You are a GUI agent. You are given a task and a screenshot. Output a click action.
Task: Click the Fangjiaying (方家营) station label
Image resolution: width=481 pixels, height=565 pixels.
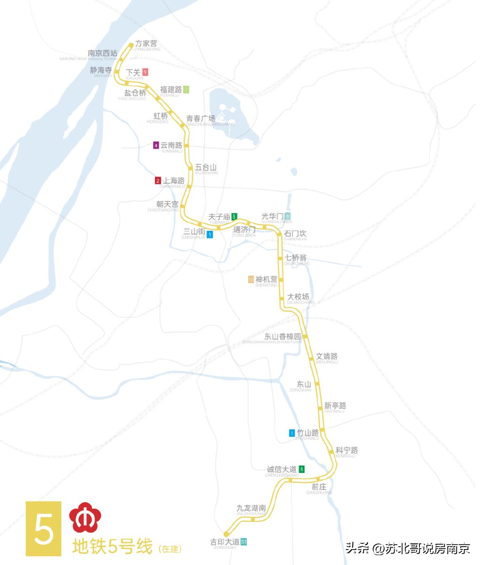[x=146, y=44]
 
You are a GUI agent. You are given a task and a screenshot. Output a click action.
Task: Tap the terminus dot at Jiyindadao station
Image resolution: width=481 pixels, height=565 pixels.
[x=226, y=534]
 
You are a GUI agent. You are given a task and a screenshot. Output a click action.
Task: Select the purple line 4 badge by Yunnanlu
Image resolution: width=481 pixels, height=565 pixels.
[x=156, y=145]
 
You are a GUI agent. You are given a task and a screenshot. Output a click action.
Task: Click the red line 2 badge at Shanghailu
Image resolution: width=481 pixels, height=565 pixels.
[x=158, y=181]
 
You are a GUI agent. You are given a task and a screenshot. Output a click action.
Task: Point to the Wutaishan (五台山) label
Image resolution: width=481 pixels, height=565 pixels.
[x=206, y=167]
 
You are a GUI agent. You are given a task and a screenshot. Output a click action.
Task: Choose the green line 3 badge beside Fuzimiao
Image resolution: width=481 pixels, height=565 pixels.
[x=234, y=217]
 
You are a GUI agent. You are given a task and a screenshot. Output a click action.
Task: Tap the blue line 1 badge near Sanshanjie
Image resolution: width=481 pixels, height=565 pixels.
[x=209, y=234]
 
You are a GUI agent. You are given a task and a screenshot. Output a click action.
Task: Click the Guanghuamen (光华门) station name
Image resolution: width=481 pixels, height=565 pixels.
[x=272, y=216]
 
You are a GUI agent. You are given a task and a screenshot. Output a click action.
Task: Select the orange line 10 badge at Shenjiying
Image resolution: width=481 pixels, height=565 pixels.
[x=251, y=280]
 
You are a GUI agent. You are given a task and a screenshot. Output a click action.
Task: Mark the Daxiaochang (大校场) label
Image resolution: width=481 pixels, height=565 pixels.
[x=298, y=297]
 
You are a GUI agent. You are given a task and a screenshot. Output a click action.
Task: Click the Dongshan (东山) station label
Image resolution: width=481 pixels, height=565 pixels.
[x=304, y=385]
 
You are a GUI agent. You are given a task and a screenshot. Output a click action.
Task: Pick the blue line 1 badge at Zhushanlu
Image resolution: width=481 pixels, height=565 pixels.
[x=292, y=433]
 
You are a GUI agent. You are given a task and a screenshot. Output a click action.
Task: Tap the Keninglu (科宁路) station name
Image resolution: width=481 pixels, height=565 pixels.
[x=347, y=450]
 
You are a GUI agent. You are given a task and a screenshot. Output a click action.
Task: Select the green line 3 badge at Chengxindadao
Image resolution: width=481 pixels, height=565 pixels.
[x=302, y=469]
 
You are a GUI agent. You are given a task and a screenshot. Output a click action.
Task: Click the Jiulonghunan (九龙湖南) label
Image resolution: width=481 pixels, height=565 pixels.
[x=251, y=508]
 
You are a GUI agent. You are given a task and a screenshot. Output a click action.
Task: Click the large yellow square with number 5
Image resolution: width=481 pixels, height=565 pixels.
[x=44, y=528]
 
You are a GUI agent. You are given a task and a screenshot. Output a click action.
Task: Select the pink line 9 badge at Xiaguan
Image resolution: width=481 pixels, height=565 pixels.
[x=146, y=72]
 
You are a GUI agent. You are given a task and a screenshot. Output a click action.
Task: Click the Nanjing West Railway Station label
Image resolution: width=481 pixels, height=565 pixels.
[x=102, y=54]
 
